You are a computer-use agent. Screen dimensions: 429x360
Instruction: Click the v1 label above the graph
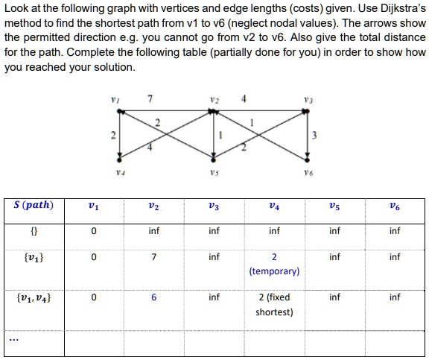click(x=114, y=100)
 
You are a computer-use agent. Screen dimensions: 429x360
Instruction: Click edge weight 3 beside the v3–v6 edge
click(x=317, y=135)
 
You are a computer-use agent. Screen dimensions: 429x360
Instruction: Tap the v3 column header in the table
click(x=214, y=206)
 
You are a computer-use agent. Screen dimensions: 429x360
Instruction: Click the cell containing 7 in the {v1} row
click(x=153, y=257)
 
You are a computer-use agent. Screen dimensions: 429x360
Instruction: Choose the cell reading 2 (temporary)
click(x=274, y=264)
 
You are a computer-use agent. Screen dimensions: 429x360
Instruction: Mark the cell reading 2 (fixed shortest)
click(x=274, y=304)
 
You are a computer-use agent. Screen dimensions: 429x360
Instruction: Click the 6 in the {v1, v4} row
click(x=153, y=297)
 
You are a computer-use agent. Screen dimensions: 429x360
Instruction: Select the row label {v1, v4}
click(x=33, y=297)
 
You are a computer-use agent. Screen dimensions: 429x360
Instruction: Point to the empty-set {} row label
click(x=33, y=231)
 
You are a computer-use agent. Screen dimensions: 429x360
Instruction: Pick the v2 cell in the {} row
click(x=153, y=231)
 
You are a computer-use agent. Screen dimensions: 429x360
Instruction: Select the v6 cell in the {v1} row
click(x=394, y=257)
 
